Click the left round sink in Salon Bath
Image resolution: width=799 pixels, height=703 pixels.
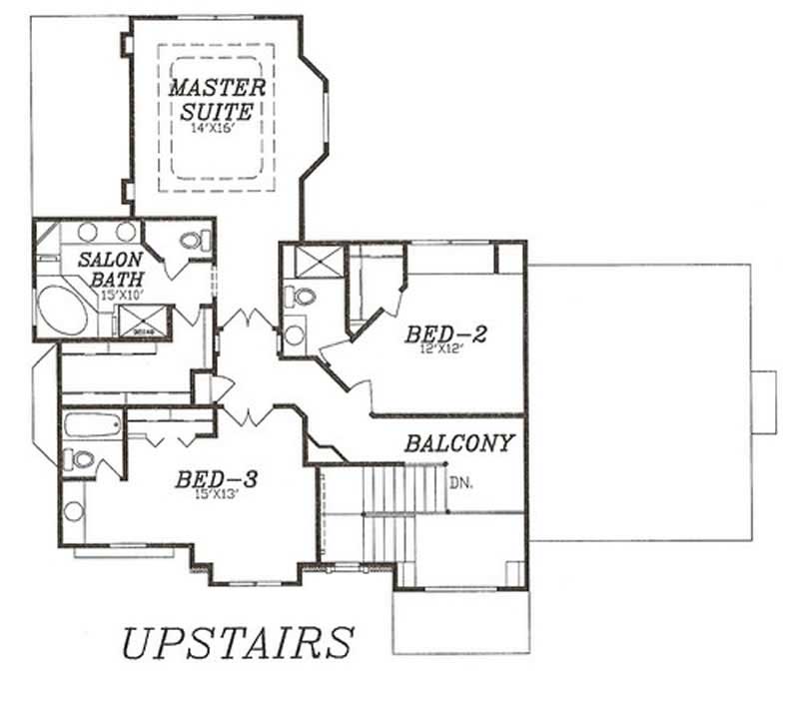coord(88,232)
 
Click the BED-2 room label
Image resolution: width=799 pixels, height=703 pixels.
coord(445,334)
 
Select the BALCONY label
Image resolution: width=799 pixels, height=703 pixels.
coord(459,442)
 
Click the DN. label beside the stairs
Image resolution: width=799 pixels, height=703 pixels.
coord(459,482)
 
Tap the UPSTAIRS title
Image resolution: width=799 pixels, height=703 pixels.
coord(238,642)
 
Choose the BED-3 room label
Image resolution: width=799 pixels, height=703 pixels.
coord(216,479)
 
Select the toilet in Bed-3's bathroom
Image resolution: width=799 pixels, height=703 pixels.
coord(79,459)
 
